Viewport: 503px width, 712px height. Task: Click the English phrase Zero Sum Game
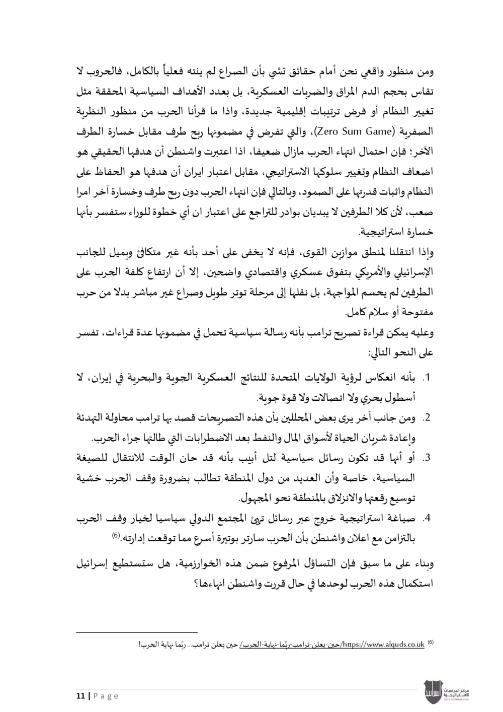[353, 132]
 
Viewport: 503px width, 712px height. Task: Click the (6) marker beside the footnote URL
[431, 643]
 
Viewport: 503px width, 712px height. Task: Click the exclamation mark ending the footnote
[140, 645]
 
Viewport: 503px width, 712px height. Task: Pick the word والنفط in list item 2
[261, 438]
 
